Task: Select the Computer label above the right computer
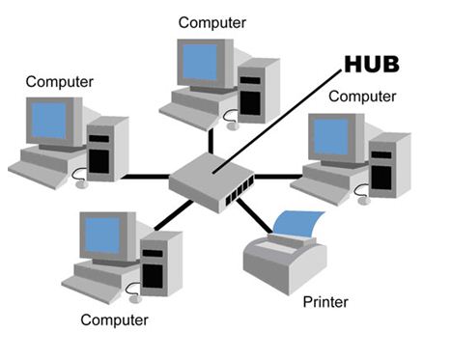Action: [x=362, y=96]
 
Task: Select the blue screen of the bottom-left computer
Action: [x=102, y=235]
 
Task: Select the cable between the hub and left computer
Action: [x=145, y=178]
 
